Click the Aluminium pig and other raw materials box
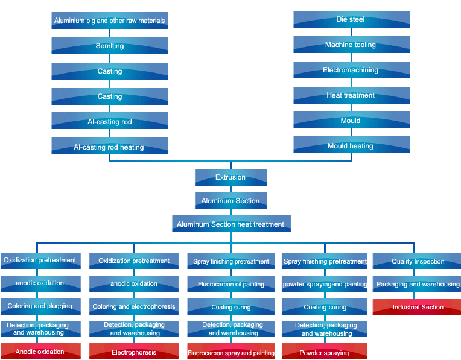coord(109,21)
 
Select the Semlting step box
coord(109,46)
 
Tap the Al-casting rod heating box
coord(109,147)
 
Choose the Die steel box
coord(351,19)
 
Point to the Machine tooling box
coord(351,45)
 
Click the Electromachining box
coord(351,70)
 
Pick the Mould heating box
coord(351,145)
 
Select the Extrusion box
coord(230,177)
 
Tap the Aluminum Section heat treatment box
coord(230,224)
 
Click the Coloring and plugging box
coord(40,306)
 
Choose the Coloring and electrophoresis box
coord(134,306)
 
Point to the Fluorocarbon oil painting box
coord(231,284)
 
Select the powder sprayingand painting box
coord(325,284)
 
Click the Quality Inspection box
coord(418,261)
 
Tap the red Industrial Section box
coord(418,307)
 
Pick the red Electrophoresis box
coord(134,352)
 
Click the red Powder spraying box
coord(325,353)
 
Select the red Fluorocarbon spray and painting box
coord(231,353)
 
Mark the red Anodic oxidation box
coord(40,352)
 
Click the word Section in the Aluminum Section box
coord(246,201)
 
